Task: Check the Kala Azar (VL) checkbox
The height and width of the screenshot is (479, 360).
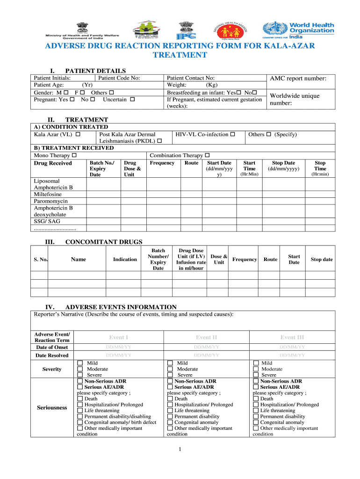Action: pyautogui.click(x=78, y=135)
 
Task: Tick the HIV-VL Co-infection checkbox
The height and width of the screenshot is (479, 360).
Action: pyautogui.click(x=232, y=135)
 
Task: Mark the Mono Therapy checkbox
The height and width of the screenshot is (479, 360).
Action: pyautogui.click(x=74, y=155)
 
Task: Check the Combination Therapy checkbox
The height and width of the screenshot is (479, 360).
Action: pyautogui.click(x=207, y=155)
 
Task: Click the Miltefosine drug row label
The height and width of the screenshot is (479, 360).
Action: pyautogui.click(x=49, y=194)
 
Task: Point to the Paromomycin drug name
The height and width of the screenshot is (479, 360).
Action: pyautogui.click(x=50, y=201)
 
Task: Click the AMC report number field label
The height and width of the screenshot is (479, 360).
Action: pyautogui.click(x=297, y=79)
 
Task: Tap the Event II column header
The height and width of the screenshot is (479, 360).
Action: pyautogui.click(x=206, y=337)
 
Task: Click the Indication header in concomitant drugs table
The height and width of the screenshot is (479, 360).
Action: pyautogui.click(x=125, y=259)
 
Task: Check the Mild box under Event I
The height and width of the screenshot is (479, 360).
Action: pyautogui.click(x=80, y=363)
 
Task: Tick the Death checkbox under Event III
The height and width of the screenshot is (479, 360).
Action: pyautogui.click(x=256, y=399)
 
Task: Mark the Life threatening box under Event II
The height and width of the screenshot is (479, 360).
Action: pyautogui.click(x=170, y=411)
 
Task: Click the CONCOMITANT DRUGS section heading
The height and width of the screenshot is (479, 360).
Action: pyautogui.click(x=104, y=242)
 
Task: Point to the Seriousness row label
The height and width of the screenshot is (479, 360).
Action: pyautogui.click(x=52, y=407)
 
